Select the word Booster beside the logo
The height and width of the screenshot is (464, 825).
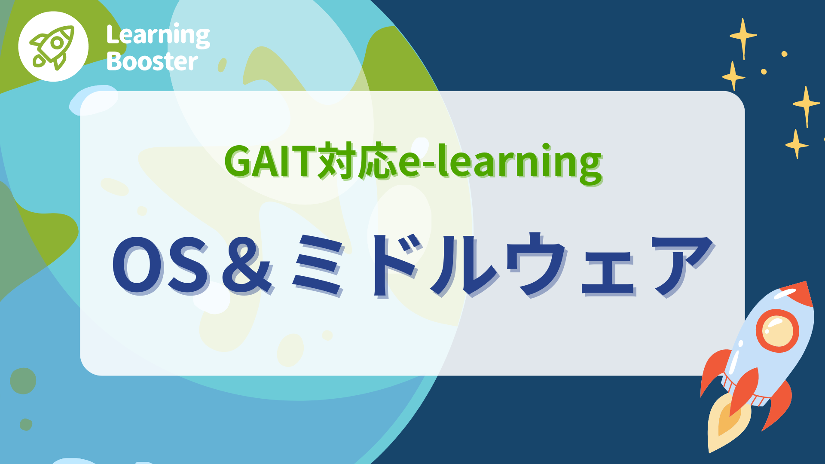pos(152,61)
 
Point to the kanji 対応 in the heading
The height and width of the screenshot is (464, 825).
pos(357,162)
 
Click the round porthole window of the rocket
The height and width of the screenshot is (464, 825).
pos(777,330)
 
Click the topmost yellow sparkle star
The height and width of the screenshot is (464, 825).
pos(743,37)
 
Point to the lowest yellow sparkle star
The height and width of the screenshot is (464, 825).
pos(797,144)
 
